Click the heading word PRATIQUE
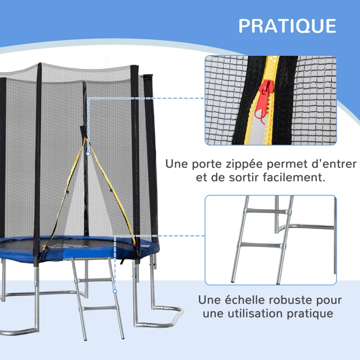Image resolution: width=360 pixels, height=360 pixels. pos(287,26)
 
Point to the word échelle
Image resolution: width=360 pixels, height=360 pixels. pos(243,300)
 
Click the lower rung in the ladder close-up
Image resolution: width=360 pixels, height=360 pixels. pos(261,246)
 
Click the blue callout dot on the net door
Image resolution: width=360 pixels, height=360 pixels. pos(88,153)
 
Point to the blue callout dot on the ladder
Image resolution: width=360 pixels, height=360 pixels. pos(115,291)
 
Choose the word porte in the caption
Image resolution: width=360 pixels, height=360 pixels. pos(201,163)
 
